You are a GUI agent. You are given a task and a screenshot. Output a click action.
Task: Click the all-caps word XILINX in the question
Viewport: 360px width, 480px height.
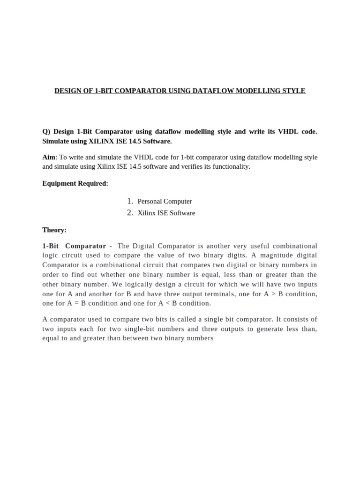[103, 141]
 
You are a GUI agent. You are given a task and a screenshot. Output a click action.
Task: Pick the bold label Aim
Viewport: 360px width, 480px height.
[49, 157]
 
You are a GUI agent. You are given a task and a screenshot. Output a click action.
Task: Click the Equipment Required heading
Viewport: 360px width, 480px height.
[75, 183]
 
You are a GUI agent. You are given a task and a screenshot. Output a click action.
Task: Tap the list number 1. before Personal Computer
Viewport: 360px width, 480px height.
[130, 201]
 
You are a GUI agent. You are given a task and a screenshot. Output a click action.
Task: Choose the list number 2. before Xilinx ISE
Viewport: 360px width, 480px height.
[130, 213]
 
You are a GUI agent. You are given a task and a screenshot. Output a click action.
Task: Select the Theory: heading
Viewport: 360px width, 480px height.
[54, 230]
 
